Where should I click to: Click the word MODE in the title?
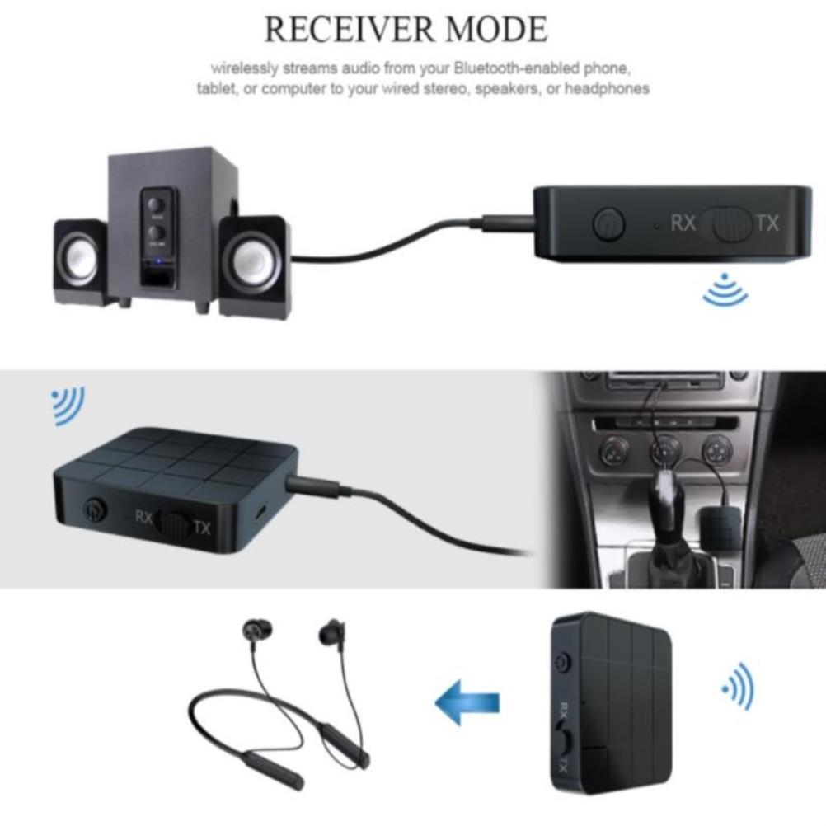496,30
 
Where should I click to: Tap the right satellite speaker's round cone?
251,261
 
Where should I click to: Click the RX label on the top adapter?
683,223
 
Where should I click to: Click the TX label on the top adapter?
767,223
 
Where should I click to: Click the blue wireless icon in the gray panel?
68,406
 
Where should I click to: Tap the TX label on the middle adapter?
202,528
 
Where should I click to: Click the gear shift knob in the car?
664,502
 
